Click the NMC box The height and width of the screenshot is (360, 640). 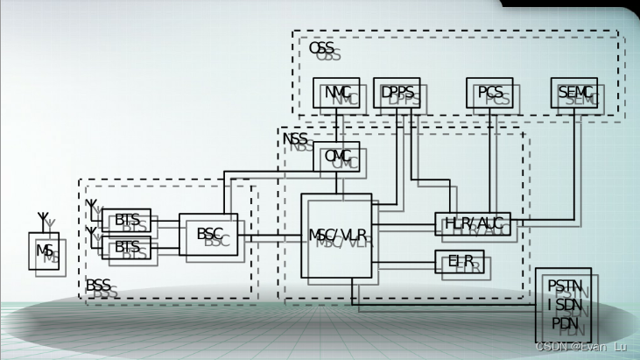click(x=336, y=93)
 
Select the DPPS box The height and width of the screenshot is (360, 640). click(x=397, y=93)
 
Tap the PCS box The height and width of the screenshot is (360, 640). click(x=489, y=93)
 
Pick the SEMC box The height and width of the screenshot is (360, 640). click(x=574, y=93)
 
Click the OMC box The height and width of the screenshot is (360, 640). click(x=336, y=157)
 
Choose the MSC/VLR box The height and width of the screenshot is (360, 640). click(x=336, y=236)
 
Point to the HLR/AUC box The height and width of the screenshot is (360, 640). click(x=472, y=223)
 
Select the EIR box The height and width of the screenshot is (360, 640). click(x=459, y=261)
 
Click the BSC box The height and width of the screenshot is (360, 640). click(x=208, y=234)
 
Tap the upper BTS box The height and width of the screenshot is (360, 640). click(x=126, y=220)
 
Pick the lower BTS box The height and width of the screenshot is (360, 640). click(x=126, y=247)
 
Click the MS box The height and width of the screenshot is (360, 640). click(x=44, y=251)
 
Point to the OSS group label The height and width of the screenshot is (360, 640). click(x=320, y=49)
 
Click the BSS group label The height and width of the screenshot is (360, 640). click(x=98, y=286)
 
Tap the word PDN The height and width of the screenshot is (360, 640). click(x=563, y=322)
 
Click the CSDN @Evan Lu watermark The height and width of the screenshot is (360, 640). click(x=580, y=347)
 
